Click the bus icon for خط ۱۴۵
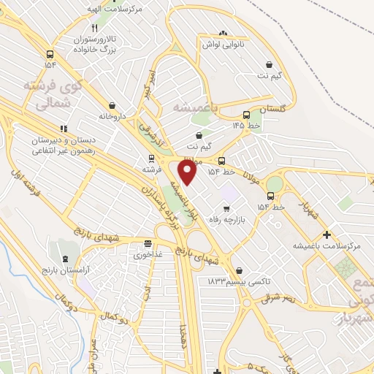246,114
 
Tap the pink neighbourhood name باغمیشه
195,107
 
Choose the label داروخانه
112,116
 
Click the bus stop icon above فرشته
151,158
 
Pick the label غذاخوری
149,256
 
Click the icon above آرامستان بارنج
67,259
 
